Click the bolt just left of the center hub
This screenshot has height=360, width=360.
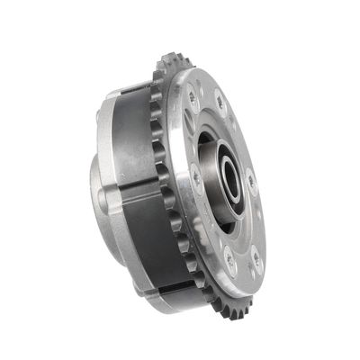(195, 177)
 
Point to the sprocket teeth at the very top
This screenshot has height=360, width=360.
(170, 64)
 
